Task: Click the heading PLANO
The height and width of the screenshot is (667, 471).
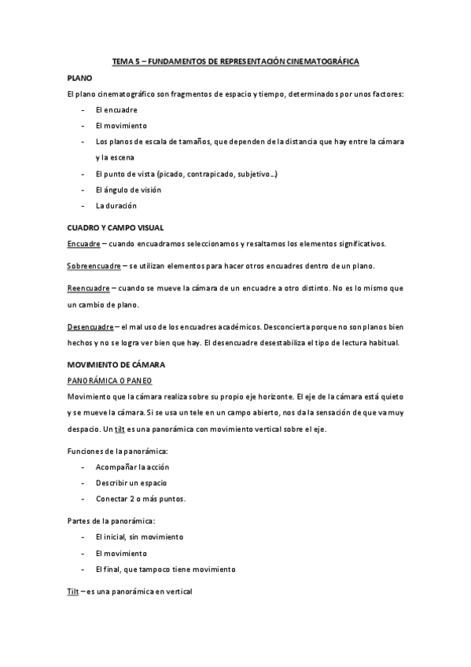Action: pos(79,79)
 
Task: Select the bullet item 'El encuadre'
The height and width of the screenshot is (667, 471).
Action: pos(116,110)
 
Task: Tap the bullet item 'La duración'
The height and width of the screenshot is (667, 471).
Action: pos(116,205)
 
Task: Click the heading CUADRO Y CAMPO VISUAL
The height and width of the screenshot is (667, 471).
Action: pos(115,227)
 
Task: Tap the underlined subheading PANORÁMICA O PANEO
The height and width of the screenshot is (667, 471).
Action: pos(108,380)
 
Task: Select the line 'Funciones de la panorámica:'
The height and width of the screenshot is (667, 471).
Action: pos(117,451)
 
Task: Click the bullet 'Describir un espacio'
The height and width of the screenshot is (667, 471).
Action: pos(131,482)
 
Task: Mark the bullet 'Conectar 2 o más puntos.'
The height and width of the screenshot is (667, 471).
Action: pos(141,499)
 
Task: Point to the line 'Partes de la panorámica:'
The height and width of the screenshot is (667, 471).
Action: pos(111,521)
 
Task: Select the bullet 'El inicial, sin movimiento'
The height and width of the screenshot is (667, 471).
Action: pos(139,536)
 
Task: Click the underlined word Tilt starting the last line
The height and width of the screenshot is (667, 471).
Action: pos(73,591)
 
